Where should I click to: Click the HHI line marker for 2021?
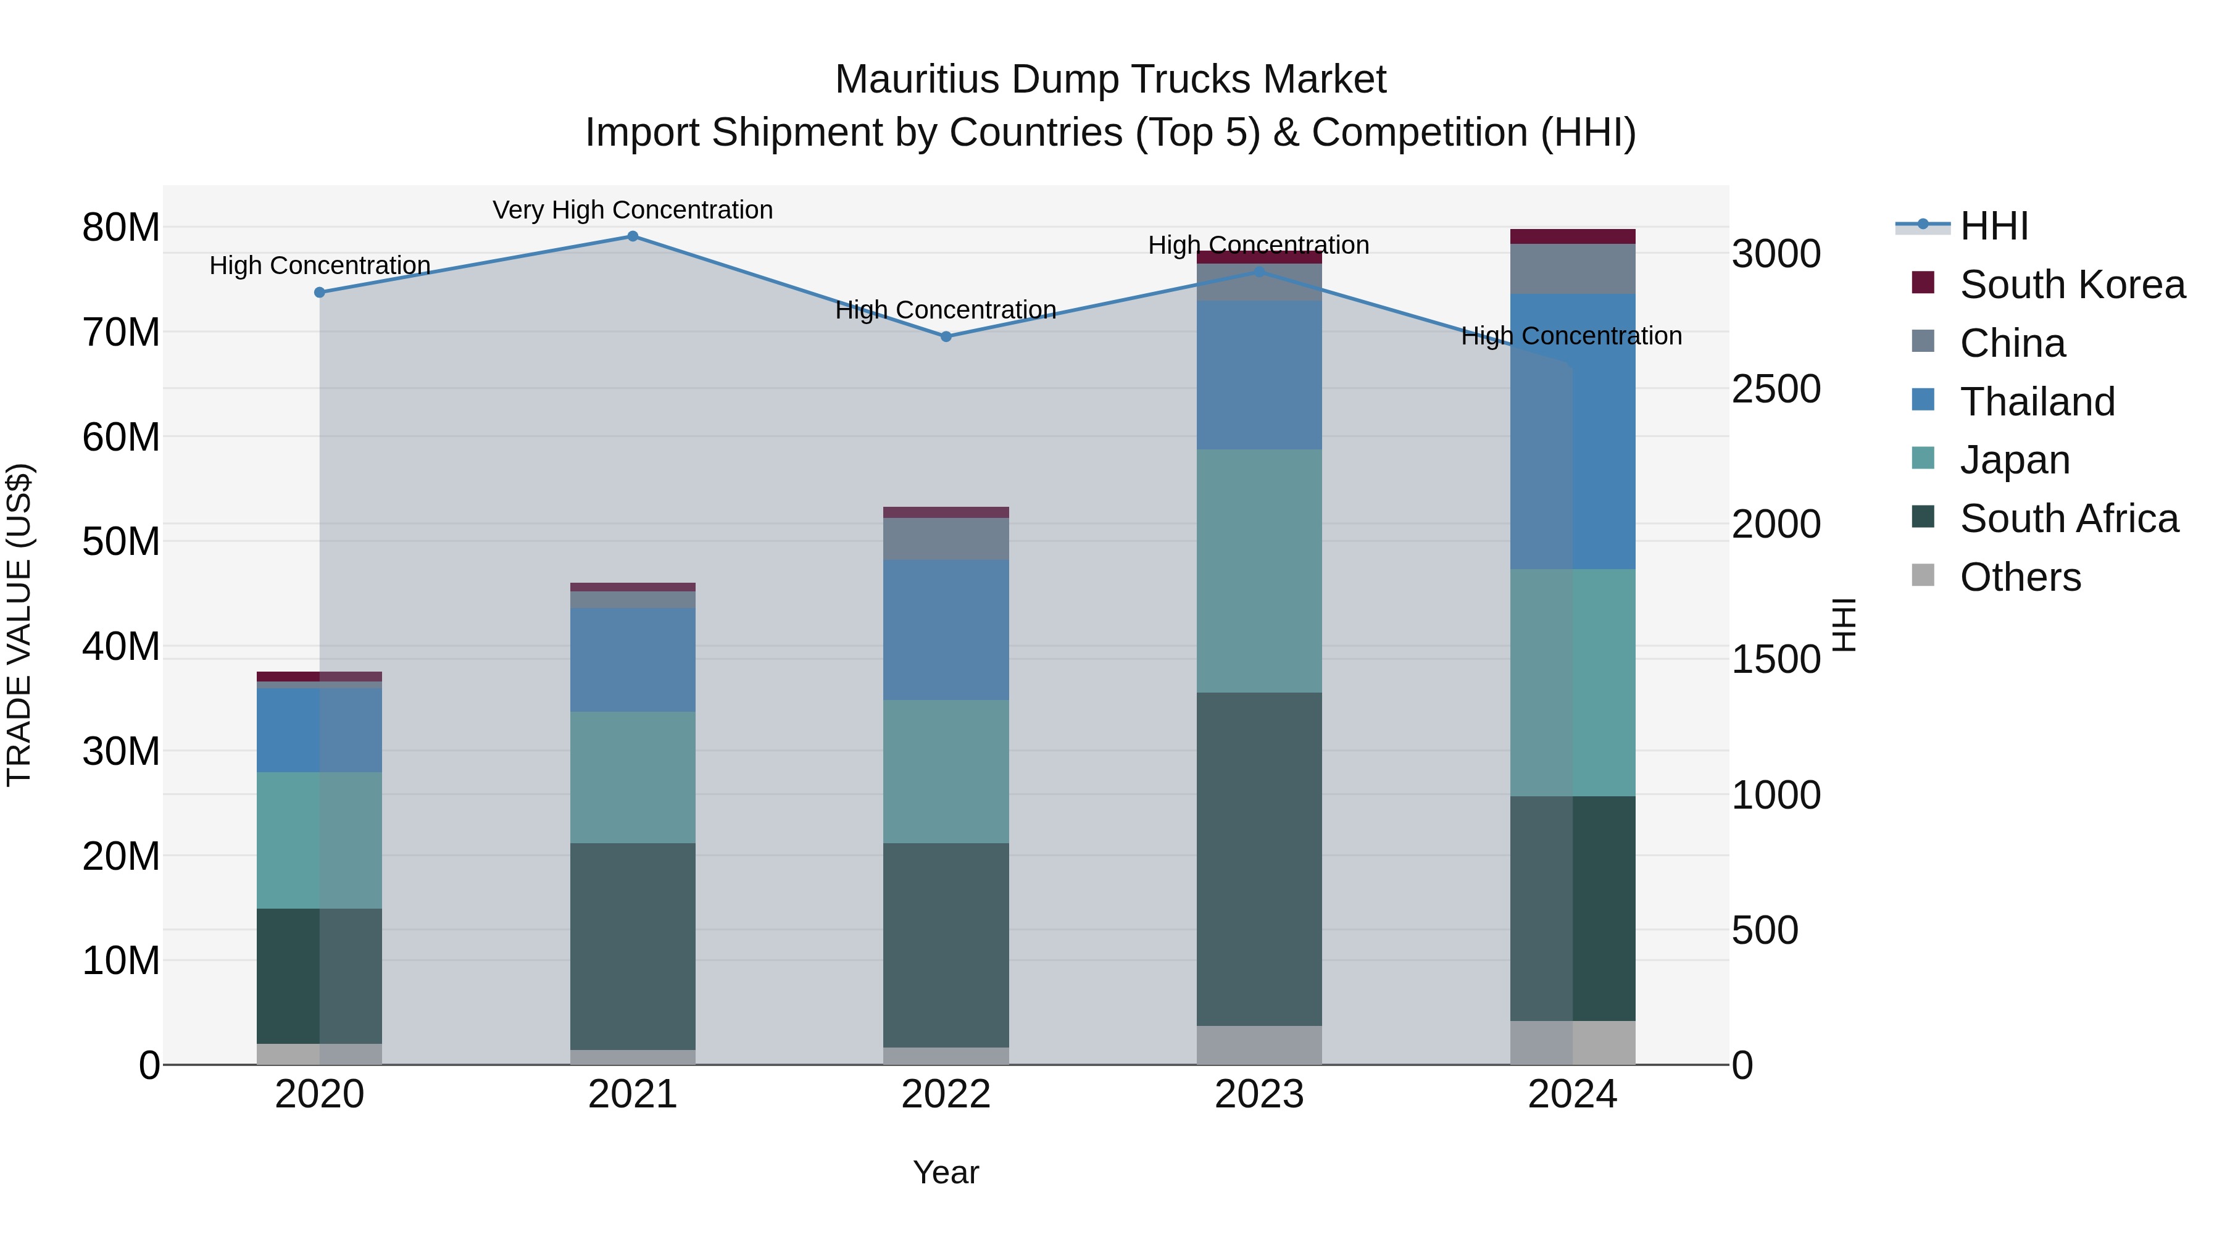coord(632,236)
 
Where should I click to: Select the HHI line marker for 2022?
coord(946,336)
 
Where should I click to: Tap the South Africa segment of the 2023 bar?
coord(1259,859)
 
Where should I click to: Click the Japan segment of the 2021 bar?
coord(632,777)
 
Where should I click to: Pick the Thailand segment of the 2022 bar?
coord(946,629)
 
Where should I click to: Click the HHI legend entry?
coord(1992,226)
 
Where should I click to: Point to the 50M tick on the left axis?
coord(121,542)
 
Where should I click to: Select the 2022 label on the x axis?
coord(946,1094)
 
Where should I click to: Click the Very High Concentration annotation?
coord(632,210)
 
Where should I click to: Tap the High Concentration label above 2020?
coord(319,265)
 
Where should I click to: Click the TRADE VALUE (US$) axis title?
coord(19,625)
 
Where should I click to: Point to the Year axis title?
coord(946,1172)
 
